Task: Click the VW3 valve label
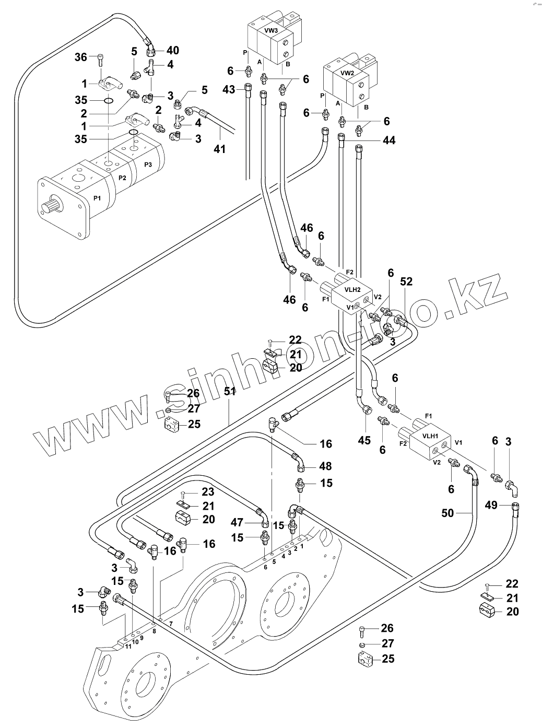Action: click(270, 31)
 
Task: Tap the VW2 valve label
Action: click(347, 73)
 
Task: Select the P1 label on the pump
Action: click(97, 197)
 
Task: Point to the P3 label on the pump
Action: click(148, 165)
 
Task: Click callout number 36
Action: click(80, 58)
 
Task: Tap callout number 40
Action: click(172, 50)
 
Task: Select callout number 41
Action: click(220, 149)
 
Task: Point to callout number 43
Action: click(229, 89)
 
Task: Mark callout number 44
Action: click(388, 140)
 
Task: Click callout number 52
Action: click(406, 281)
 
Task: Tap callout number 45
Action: click(364, 440)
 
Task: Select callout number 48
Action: click(325, 466)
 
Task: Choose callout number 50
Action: click(447, 514)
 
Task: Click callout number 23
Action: click(208, 491)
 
